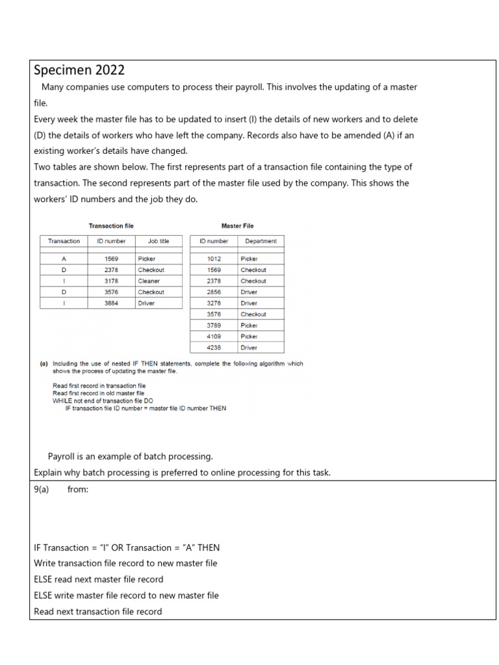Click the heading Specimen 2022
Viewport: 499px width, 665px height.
click(x=79, y=70)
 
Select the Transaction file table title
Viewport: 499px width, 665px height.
click(x=111, y=226)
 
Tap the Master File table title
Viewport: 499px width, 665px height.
click(x=237, y=226)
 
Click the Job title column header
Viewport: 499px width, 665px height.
click(x=158, y=241)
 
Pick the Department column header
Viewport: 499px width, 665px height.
click(x=261, y=241)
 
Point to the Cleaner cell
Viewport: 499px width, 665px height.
click(x=149, y=281)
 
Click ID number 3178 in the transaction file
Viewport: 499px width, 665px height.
click(x=111, y=281)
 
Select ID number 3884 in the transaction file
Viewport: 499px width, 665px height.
click(x=111, y=303)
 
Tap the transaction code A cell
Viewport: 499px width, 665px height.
click(x=64, y=258)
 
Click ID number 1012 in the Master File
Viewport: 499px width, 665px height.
click(x=214, y=258)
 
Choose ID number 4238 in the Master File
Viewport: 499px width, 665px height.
click(x=214, y=347)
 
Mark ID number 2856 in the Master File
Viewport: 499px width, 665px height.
click(x=214, y=292)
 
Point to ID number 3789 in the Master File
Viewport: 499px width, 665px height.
click(x=214, y=325)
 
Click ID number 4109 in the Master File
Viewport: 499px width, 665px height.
click(x=214, y=336)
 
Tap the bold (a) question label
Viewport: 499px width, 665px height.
click(x=44, y=364)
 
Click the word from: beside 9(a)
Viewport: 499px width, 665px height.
click(x=77, y=490)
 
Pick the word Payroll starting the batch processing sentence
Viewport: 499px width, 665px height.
click(x=64, y=457)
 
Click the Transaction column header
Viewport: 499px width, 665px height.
click(x=64, y=241)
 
